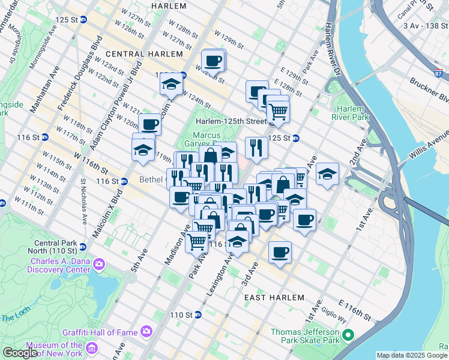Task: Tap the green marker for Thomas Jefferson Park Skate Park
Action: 348,336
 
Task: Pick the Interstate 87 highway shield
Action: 439,73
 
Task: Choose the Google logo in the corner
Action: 20,353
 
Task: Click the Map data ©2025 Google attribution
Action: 412,355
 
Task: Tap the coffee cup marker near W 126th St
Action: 213,61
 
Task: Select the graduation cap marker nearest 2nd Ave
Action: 328,175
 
